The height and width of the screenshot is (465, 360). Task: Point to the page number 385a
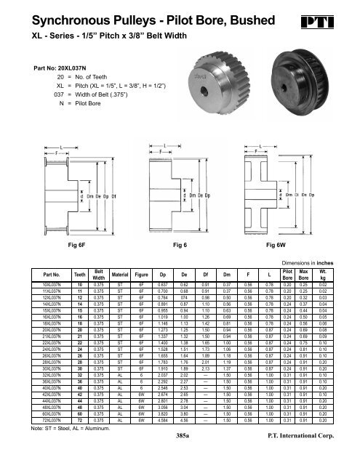pos(177,440)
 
